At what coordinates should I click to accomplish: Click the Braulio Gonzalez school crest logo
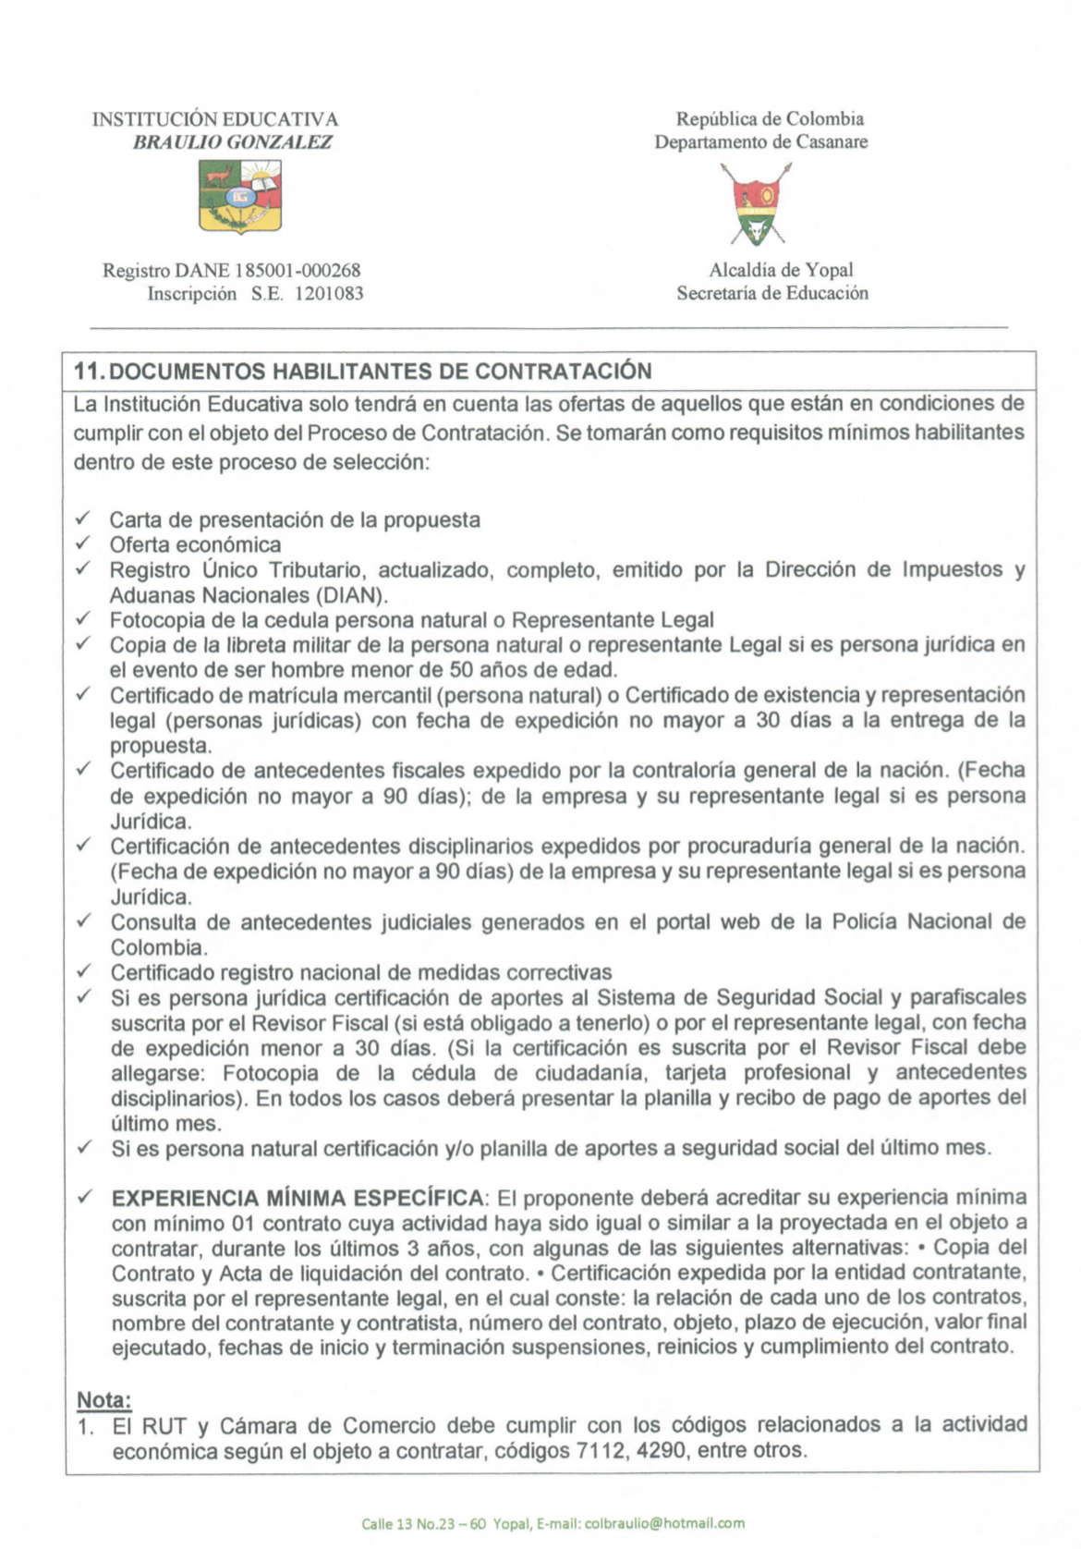coord(240,195)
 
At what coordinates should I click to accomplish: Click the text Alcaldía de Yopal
coord(781,270)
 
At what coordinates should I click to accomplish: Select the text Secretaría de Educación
coord(772,293)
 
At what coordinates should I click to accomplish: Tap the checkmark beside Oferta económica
coord(83,543)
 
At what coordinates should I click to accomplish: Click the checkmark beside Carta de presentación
coord(83,518)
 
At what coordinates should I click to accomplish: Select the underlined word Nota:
coord(103,1399)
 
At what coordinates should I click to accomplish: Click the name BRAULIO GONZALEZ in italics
coord(232,142)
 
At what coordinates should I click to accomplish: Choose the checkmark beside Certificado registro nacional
coord(83,971)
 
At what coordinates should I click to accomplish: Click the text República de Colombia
coord(770,119)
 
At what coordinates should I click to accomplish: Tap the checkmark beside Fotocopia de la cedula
coord(83,618)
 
